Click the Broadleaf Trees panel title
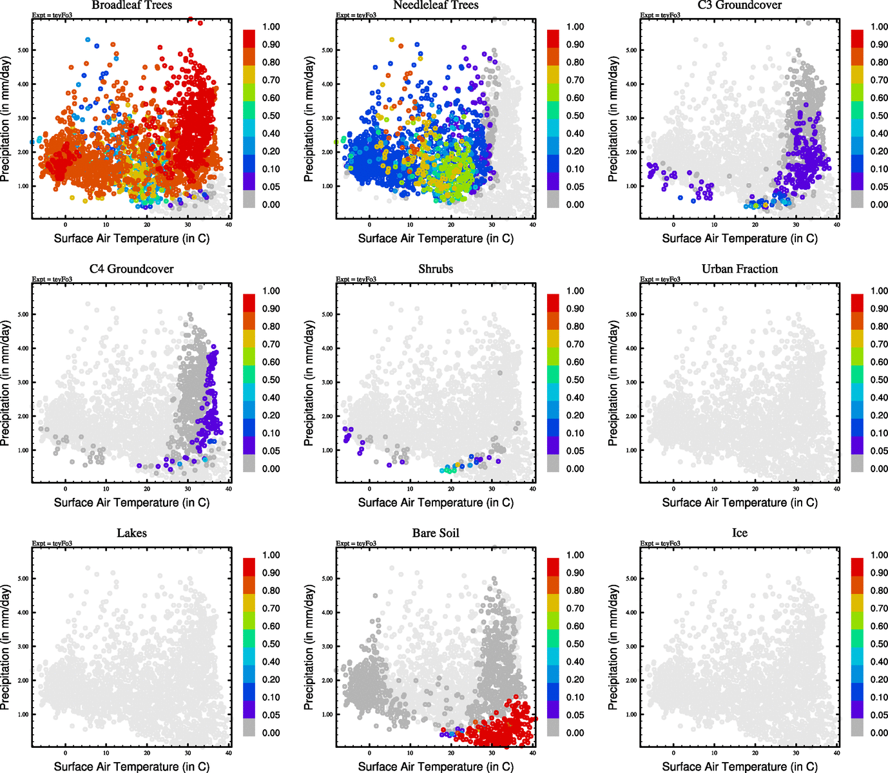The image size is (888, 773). [131, 5]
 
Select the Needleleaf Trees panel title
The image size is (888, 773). [436, 5]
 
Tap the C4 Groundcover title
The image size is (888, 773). [131, 269]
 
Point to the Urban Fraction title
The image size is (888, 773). [739, 269]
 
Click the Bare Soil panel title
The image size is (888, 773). [436, 533]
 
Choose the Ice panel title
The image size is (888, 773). [739, 533]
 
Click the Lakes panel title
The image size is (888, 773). [131, 533]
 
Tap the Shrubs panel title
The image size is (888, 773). [436, 269]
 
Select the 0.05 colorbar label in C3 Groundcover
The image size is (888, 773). [879, 187]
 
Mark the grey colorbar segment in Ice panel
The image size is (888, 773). [857, 728]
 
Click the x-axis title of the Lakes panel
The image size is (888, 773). [131, 767]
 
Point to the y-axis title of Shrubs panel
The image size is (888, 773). [309, 383]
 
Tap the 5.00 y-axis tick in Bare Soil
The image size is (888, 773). [327, 578]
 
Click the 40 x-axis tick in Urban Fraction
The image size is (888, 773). [836, 489]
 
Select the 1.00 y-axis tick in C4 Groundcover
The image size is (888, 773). [23, 450]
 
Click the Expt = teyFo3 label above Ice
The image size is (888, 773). [660, 544]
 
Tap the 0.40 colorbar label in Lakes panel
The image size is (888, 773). [271, 662]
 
